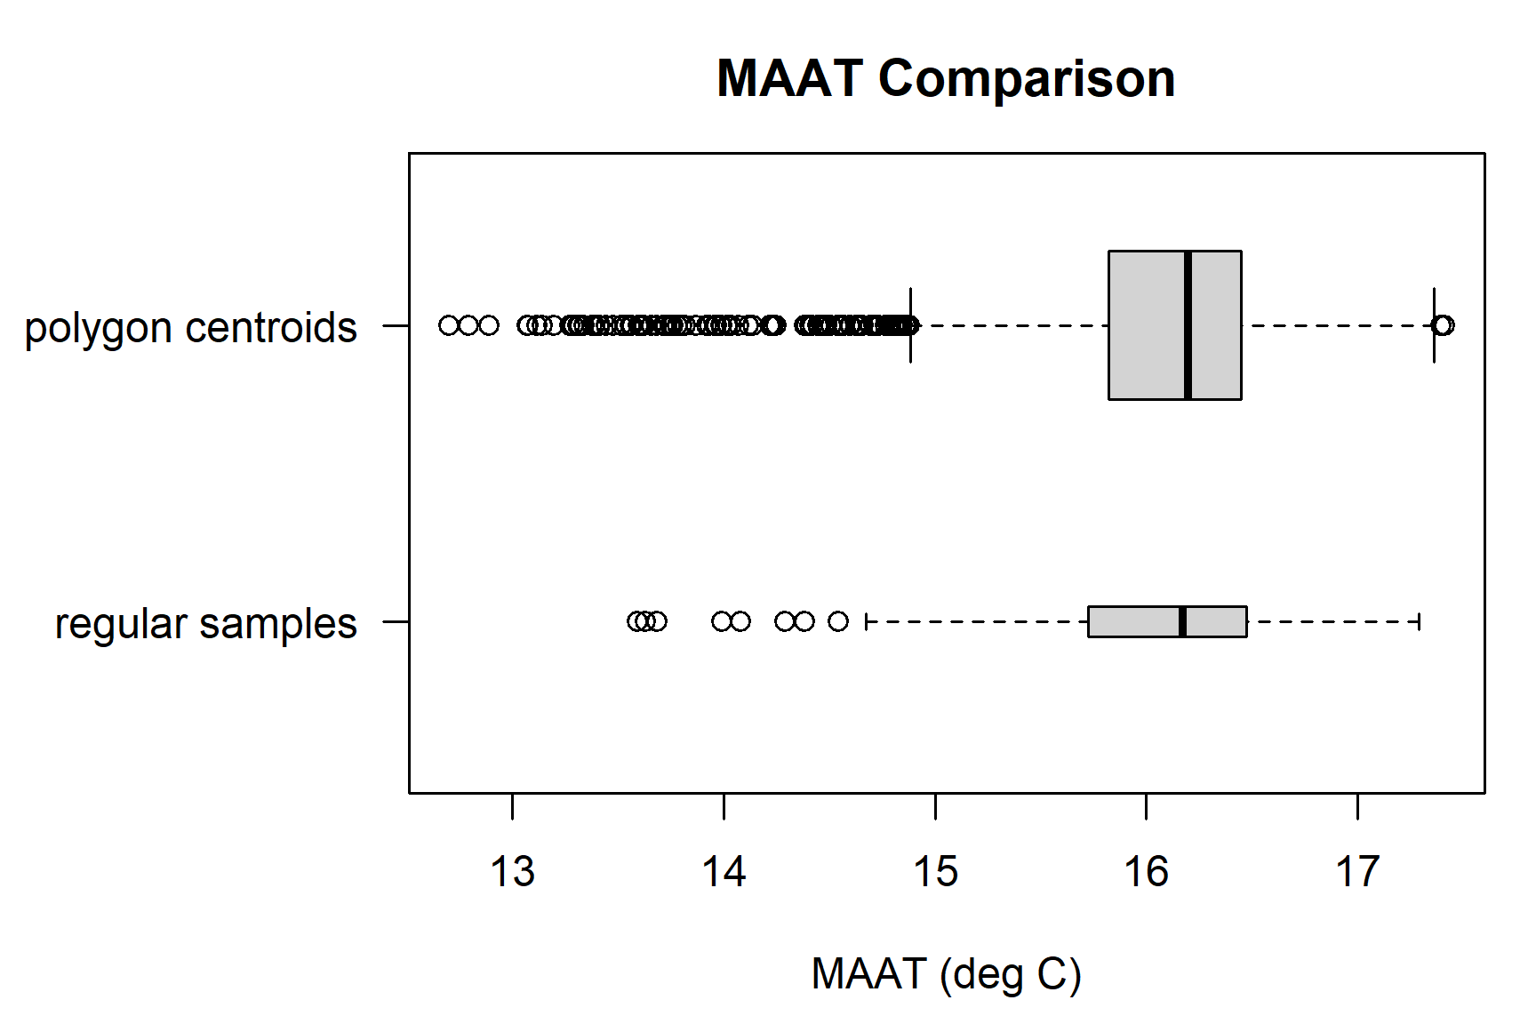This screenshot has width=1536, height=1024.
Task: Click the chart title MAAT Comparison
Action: (946, 78)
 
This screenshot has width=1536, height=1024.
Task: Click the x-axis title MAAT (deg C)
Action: (946, 974)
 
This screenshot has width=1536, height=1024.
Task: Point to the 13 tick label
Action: (513, 872)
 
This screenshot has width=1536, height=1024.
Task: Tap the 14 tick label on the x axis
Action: (724, 872)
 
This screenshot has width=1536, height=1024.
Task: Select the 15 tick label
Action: (935, 872)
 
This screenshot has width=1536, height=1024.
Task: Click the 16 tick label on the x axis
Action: (1147, 872)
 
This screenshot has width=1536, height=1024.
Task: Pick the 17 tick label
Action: (1357, 872)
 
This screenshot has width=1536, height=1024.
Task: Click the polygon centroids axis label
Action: (190, 327)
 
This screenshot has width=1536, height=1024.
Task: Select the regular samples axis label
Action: (205, 623)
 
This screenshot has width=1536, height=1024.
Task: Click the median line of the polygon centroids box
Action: (1188, 325)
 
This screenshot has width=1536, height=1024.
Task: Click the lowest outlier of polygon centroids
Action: (449, 325)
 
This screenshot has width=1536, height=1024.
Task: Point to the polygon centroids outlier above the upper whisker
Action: (1444, 325)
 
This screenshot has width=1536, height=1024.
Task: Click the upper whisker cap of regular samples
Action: (1419, 621)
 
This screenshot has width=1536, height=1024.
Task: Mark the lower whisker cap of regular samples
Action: (866, 621)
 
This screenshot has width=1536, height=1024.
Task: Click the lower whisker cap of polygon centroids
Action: (911, 325)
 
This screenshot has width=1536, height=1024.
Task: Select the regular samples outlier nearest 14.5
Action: (838, 621)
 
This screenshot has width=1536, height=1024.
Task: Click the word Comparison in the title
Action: (1027, 78)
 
